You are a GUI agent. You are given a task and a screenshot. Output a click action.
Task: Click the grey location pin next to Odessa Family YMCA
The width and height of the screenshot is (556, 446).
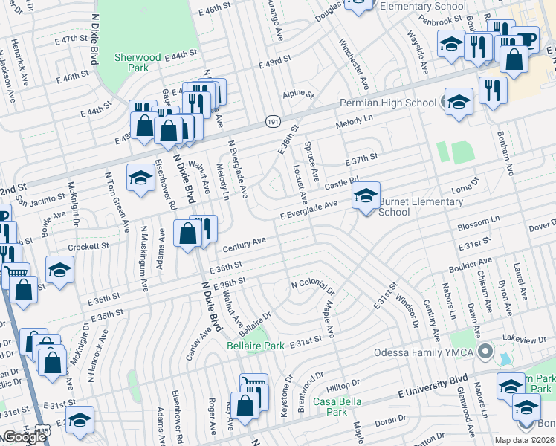tap(486, 351)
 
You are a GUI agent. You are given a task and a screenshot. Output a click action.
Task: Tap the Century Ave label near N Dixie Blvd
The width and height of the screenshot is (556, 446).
tap(244, 243)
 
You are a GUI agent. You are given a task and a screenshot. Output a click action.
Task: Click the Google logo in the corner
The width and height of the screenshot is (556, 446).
tap(24, 437)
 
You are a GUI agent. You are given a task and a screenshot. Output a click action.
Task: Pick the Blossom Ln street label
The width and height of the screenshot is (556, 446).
tap(479, 223)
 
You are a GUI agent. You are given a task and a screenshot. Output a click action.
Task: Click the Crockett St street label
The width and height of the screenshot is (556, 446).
tap(88, 245)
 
